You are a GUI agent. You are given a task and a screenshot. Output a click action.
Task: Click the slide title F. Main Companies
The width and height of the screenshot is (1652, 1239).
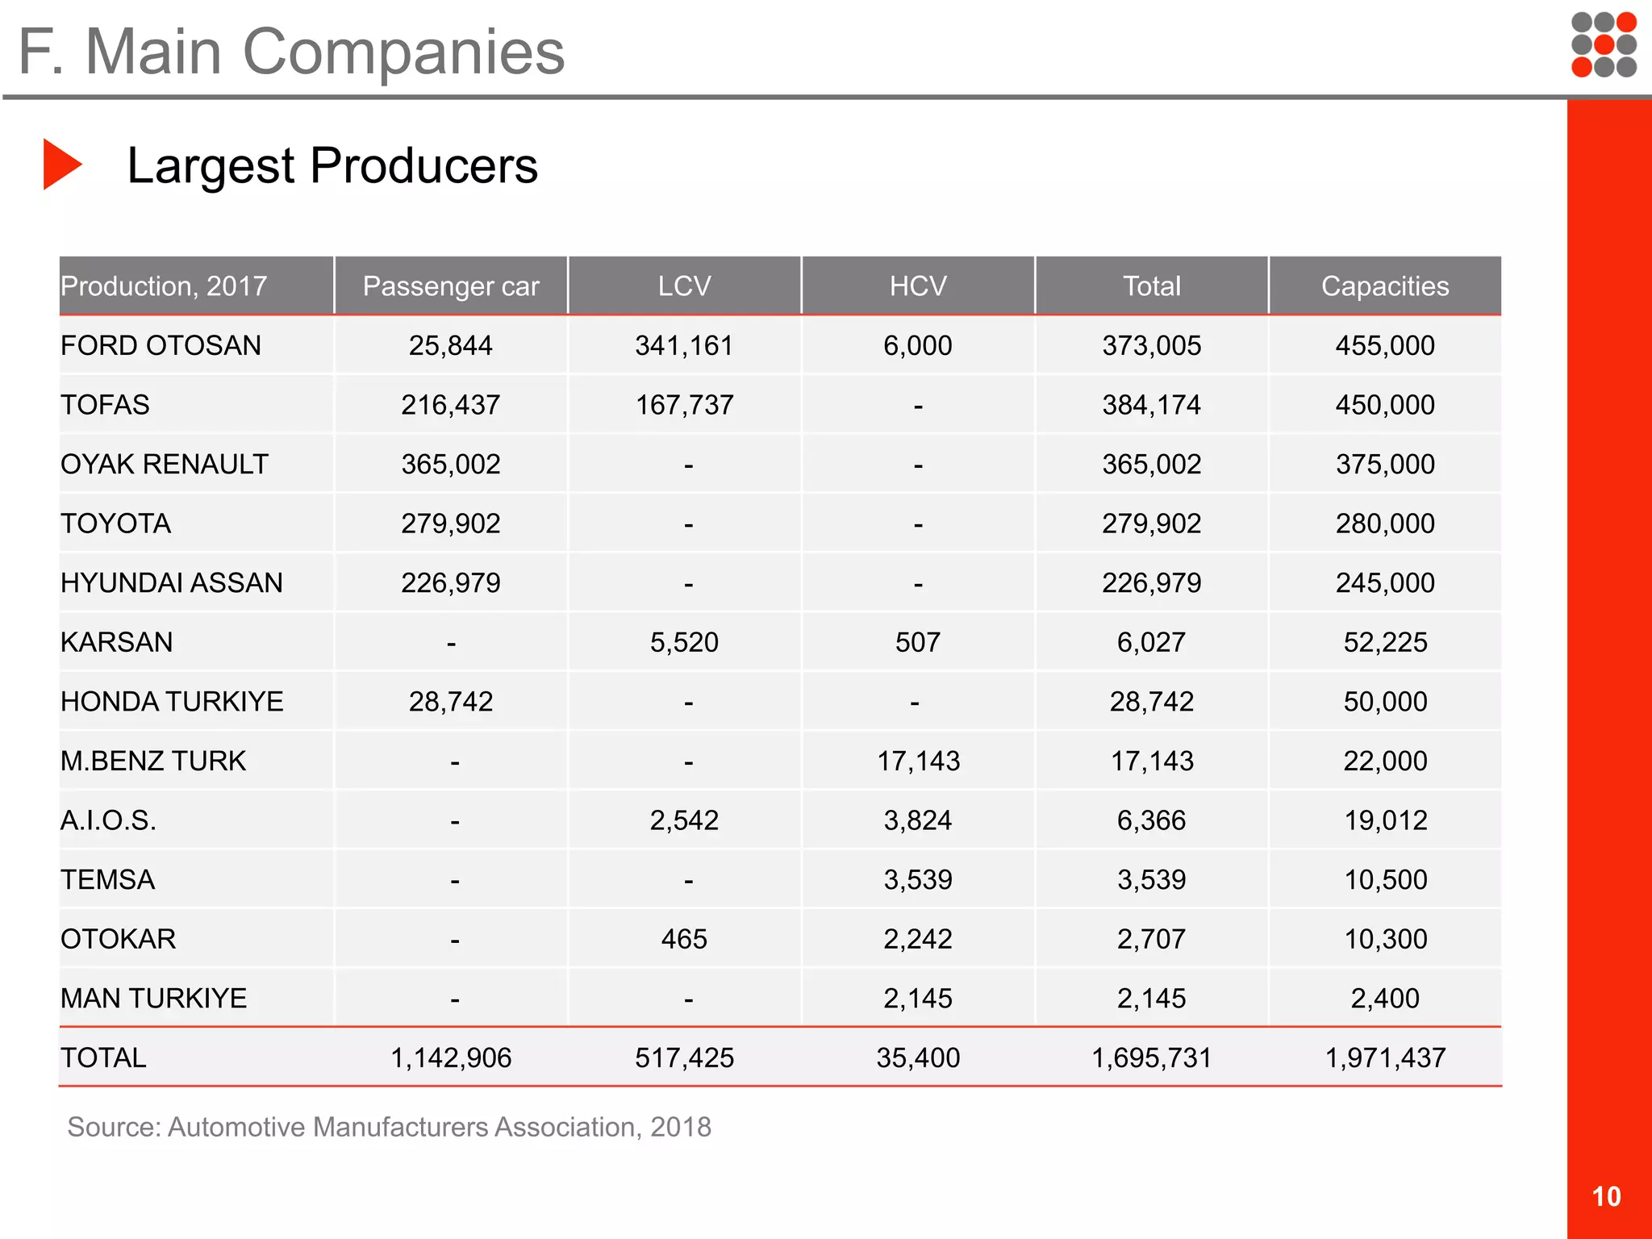pos(291,52)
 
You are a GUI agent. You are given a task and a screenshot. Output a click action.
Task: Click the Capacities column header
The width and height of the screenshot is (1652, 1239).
pos(1384,286)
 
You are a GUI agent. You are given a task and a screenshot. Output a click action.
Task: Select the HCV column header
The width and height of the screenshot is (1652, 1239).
pos(917,286)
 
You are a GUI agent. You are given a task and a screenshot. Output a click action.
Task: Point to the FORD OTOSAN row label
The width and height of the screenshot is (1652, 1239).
pos(161,346)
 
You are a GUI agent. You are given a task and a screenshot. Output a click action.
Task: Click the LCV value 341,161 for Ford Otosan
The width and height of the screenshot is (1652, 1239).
pos(684,346)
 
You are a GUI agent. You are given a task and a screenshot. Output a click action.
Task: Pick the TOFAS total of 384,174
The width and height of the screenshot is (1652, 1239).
pos(1151,405)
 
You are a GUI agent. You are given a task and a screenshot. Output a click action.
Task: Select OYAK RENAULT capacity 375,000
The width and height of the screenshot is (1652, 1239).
pos(1384,465)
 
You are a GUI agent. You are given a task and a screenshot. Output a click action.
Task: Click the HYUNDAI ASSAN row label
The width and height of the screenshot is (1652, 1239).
pos(171,583)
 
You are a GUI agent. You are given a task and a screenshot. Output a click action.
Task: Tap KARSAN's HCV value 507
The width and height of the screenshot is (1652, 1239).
pos(917,643)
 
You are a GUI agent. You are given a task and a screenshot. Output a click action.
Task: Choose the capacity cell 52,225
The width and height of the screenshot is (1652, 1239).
pos(1384,643)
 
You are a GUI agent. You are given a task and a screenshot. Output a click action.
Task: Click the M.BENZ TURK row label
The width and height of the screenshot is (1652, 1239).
pos(152,761)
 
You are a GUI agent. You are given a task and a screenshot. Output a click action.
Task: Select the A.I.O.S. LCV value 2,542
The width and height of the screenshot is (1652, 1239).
pos(684,820)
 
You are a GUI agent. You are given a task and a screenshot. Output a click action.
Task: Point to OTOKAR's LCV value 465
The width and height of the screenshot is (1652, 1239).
pos(684,939)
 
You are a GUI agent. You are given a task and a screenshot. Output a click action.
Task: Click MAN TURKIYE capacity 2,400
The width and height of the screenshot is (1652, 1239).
pos(1384,999)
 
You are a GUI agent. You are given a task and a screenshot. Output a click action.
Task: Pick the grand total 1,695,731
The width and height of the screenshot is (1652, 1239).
pos(1151,1058)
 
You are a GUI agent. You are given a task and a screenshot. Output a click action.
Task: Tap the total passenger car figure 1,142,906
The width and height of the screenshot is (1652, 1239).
pos(451,1058)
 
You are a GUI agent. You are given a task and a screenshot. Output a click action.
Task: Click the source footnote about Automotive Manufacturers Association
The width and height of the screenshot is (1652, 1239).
pos(389,1127)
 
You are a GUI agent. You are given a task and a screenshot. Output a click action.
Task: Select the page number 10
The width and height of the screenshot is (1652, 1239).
pos(1606,1196)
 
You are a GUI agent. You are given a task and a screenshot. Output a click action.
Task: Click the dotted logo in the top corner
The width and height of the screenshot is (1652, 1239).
pos(1604,45)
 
